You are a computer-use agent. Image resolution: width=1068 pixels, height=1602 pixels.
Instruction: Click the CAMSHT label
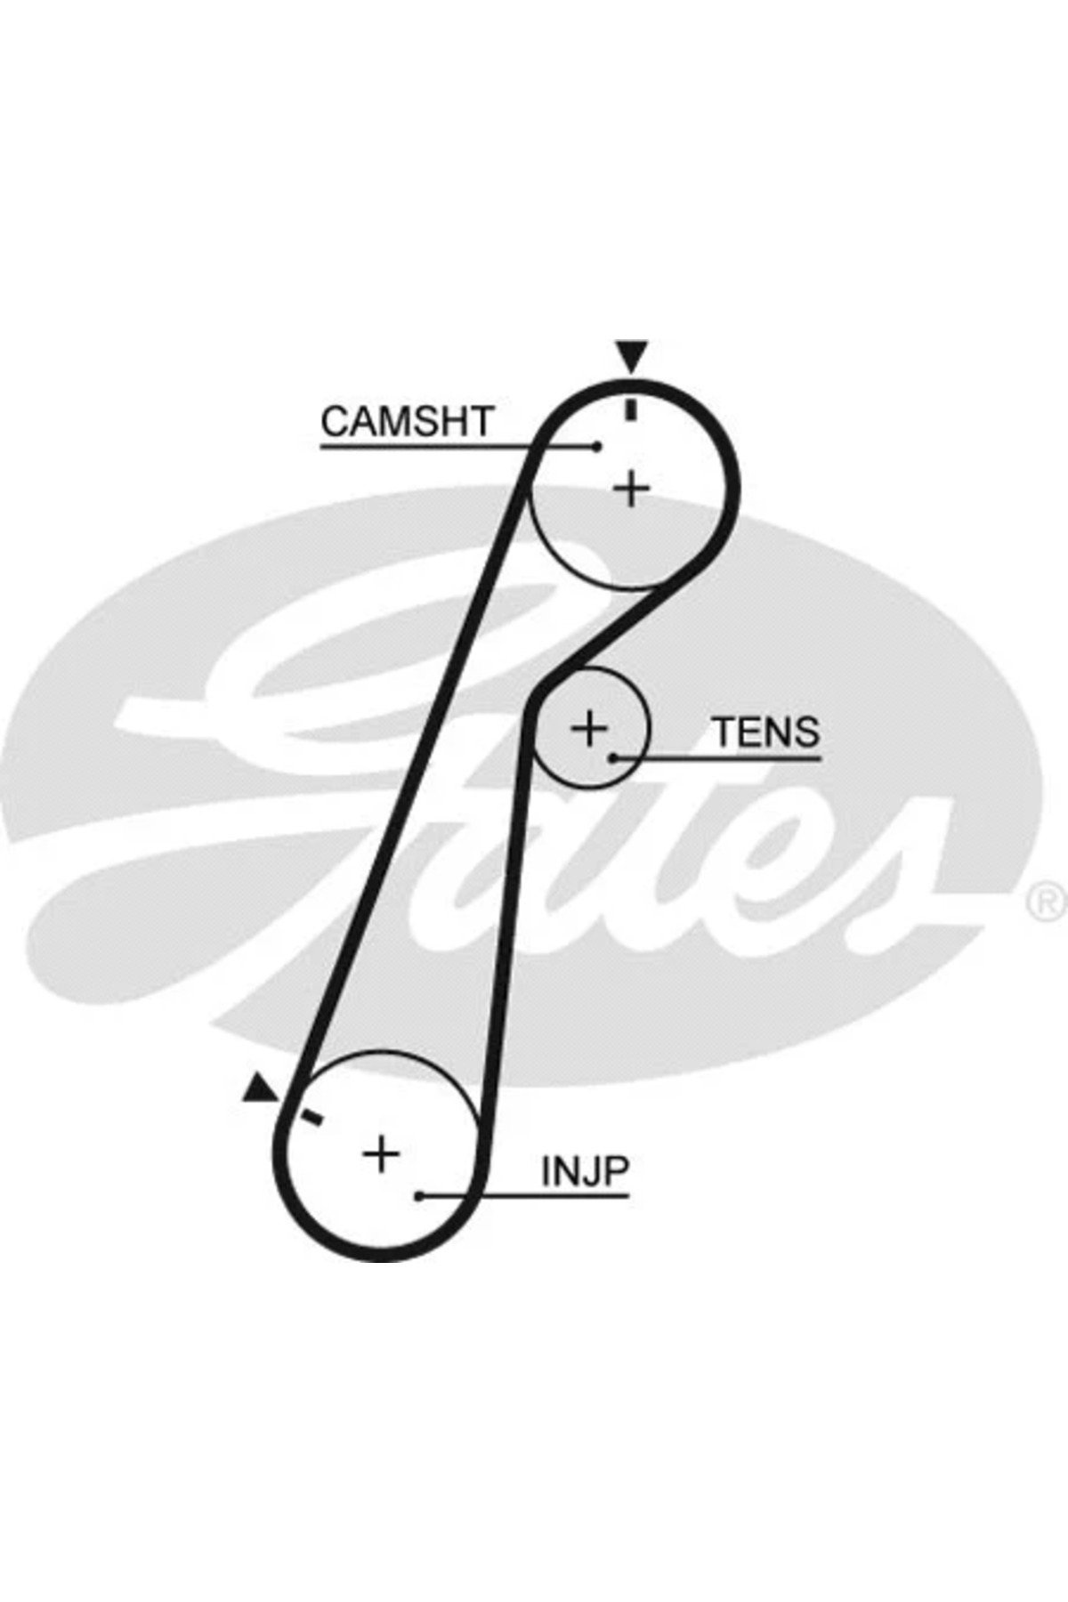click(x=407, y=422)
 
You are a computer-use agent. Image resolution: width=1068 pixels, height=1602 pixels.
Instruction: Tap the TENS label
click(x=766, y=732)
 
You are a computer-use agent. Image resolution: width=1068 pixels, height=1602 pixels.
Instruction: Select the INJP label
click(x=586, y=1171)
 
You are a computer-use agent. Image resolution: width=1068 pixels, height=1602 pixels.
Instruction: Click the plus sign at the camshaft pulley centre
click(x=632, y=489)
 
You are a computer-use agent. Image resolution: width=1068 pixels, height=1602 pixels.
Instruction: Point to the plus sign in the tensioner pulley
click(x=588, y=729)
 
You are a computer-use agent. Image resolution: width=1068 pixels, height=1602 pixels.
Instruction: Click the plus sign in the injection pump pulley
click(x=381, y=1154)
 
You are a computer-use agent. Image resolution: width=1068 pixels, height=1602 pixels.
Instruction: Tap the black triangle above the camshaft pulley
click(x=632, y=356)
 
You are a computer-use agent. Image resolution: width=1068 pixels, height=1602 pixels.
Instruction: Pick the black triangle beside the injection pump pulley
click(x=259, y=1088)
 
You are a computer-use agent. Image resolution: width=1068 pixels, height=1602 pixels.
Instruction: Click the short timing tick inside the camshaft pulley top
click(x=632, y=409)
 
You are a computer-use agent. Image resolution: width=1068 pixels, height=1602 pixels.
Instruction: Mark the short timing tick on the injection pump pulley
click(x=311, y=1117)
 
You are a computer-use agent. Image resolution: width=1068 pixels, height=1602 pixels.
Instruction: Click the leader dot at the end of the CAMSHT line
click(x=597, y=447)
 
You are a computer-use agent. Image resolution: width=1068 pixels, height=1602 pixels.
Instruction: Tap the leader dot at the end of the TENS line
click(x=613, y=758)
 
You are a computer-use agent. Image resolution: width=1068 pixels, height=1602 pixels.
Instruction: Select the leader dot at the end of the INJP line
click(x=419, y=1196)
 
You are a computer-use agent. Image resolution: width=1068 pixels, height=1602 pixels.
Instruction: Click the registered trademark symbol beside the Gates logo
click(x=1048, y=901)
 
